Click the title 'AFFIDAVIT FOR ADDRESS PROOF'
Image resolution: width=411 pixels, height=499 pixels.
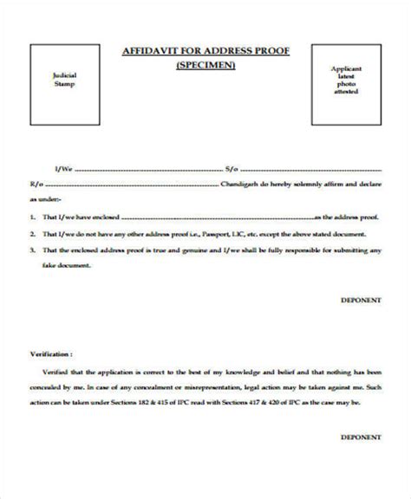[205, 51]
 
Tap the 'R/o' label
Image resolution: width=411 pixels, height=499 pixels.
[34, 185]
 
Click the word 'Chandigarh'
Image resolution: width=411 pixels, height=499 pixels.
[245, 185]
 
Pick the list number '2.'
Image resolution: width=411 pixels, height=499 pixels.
[32, 234]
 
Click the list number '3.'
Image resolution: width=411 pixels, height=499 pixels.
[32, 249]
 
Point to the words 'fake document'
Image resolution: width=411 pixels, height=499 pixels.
[66, 265]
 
